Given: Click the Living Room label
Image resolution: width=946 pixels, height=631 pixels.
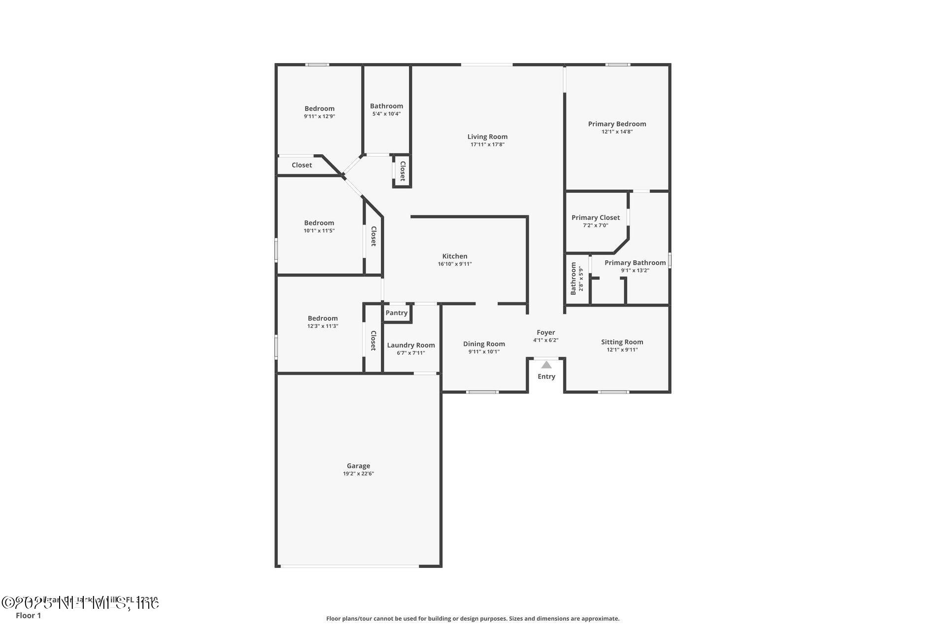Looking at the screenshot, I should pos(487,137).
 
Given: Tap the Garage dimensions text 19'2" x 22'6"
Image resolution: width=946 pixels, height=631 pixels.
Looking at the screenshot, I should pos(358,474).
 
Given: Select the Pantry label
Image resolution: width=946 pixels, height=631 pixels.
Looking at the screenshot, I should pos(396,313).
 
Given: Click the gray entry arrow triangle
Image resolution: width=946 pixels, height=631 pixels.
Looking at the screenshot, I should pos(546,365).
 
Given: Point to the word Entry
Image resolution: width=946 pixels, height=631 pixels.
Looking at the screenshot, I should pos(546,377).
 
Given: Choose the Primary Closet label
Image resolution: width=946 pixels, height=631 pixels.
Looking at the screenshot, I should pos(595,217).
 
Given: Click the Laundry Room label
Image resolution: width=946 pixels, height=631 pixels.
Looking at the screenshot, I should pos(410,345).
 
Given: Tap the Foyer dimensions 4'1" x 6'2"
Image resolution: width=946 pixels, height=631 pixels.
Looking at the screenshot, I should pos(545,340).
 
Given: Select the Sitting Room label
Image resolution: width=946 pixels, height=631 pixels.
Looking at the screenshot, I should pos(622,342).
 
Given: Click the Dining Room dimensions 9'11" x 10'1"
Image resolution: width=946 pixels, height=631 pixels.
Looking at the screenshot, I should pos(483,351).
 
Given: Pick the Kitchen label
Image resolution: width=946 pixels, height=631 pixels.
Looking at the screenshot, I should pos(454,256).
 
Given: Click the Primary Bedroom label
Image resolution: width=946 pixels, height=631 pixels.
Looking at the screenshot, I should pos(616,124).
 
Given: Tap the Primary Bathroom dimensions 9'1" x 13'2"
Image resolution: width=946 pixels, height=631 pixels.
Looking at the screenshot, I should pos(635,270).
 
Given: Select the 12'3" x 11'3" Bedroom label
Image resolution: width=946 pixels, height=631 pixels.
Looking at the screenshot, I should pos(322,318).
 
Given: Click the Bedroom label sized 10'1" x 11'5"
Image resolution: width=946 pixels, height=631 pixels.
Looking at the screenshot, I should pos(319,223).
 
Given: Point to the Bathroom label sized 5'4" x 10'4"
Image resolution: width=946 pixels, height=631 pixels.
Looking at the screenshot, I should pos(386,106).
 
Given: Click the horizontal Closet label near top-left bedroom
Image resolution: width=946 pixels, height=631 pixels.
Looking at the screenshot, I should pos(302,165).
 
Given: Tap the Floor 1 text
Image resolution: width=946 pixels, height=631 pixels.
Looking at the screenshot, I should pos(28,615).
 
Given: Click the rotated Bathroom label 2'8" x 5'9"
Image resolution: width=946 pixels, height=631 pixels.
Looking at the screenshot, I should pos(574,279).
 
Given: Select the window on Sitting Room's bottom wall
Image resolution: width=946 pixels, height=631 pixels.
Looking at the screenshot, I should pos(613,392).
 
